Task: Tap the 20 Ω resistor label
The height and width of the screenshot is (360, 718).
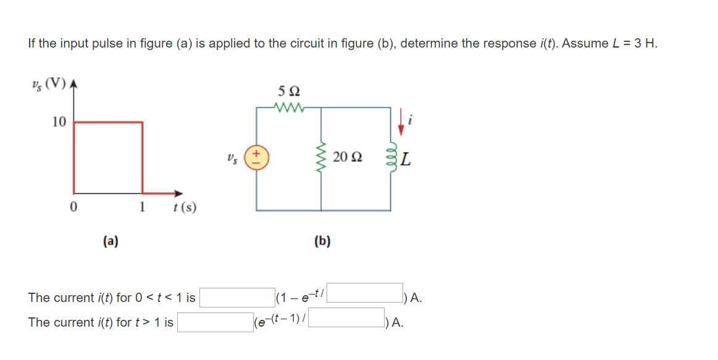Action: [x=346, y=158]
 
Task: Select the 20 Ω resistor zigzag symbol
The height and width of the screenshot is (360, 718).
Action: [x=321, y=158]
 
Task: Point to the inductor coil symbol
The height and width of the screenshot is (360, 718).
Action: [x=390, y=159]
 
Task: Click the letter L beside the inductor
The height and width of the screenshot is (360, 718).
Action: [x=405, y=162]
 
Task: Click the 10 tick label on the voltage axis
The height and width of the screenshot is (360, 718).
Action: [x=59, y=122]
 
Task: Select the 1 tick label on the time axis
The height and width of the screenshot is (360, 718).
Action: [x=143, y=206]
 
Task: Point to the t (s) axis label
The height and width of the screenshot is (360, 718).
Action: [x=185, y=207]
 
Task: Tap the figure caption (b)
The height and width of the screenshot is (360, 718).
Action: [x=322, y=241]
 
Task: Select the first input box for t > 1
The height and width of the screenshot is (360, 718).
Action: [x=215, y=322]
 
